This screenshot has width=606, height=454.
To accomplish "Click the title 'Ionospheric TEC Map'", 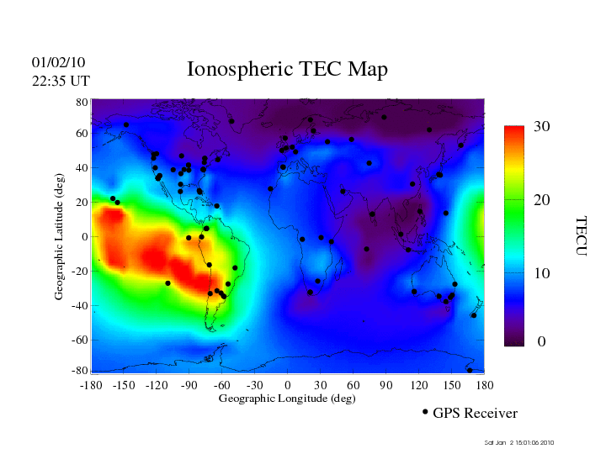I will click(287, 69).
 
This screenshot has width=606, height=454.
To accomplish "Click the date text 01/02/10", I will click(58, 62).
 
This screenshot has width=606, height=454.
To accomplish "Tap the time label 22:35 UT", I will click(61, 81).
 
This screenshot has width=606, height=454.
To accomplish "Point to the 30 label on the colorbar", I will click(541, 127).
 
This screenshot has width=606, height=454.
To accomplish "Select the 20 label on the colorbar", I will click(541, 201).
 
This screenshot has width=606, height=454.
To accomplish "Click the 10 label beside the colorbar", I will click(541, 273).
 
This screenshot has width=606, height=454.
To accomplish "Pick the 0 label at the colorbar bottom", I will click(542, 342).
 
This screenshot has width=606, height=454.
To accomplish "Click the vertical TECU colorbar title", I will click(580, 235).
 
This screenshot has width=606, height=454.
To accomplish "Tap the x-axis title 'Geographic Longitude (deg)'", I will click(287, 399).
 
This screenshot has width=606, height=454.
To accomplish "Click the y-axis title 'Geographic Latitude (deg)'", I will click(60, 242).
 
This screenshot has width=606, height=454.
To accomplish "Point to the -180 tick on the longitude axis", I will click(90, 384).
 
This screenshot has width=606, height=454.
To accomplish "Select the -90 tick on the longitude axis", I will click(189, 384).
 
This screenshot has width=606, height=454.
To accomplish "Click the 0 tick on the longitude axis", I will click(288, 384).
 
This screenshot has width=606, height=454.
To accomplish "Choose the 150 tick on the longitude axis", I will click(452, 384).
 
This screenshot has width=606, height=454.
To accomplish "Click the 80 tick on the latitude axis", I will click(82, 102).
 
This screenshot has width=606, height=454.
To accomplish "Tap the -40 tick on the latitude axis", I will click(80, 306).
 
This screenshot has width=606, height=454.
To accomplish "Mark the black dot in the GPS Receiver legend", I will click(425, 412).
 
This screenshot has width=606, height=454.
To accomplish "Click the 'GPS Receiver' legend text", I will click(475, 414).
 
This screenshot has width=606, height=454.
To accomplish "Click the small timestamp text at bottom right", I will click(520, 442).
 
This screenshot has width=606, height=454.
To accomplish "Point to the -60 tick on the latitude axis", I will click(80, 340).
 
